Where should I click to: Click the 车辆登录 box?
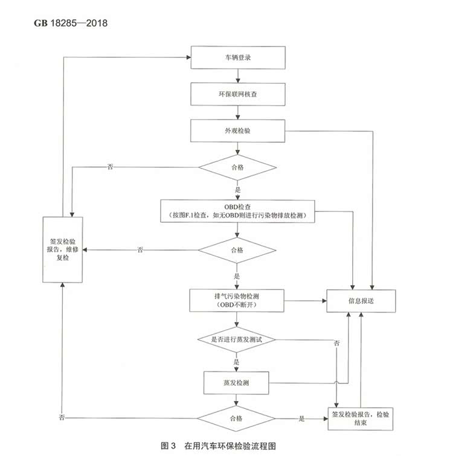[237, 58]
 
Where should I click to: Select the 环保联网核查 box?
[237, 94]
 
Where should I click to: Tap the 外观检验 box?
[237, 130]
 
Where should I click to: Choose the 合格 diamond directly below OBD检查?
[237, 249]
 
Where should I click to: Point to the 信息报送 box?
[362, 300]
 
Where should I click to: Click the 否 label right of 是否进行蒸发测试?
[336, 344]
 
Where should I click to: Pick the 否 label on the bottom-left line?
[62, 418]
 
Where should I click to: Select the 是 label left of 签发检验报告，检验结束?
[301, 418]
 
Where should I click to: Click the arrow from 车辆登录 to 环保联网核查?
[238, 76]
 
